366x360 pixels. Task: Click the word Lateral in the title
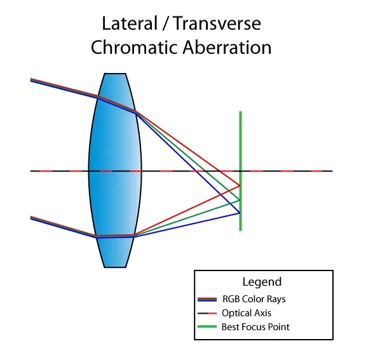[x=130, y=23]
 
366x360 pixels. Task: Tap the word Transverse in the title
[x=217, y=23]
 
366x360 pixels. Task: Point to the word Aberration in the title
[x=227, y=48]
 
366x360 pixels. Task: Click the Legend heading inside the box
[x=262, y=282]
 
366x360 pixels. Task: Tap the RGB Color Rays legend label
[x=254, y=299]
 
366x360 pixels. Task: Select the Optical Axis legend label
[x=247, y=313]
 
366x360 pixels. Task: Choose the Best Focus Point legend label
[x=255, y=327]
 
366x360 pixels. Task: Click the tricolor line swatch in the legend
[x=207, y=300]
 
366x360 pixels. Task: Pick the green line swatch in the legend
[x=207, y=326]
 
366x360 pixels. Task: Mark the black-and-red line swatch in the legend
[x=207, y=313]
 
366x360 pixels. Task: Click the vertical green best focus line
[x=240, y=171]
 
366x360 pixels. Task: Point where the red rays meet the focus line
[x=240, y=185]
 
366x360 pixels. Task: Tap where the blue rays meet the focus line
[x=240, y=213]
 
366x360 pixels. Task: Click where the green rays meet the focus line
[x=240, y=200]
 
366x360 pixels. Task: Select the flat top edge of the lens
[x=115, y=74]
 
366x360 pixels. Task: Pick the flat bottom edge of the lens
[x=115, y=267]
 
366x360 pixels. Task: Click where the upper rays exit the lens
[x=136, y=112]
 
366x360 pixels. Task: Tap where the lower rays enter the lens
[x=95, y=236]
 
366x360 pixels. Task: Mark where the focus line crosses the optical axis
[x=240, y=171]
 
